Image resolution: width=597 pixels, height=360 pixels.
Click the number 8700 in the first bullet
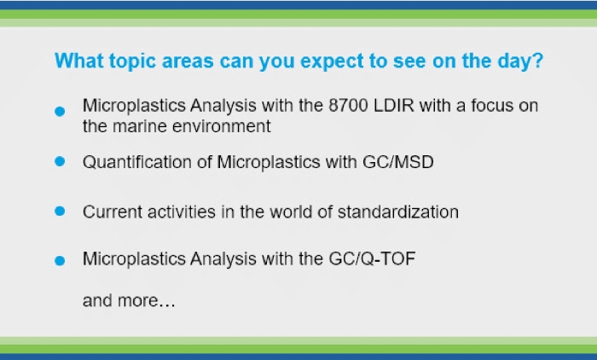[x=348, y=106]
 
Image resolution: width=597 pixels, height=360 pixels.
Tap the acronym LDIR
[x=394, y=106]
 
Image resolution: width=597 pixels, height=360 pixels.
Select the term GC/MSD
[x=398, y=162]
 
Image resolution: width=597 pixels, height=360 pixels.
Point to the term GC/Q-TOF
[x=372, y=259]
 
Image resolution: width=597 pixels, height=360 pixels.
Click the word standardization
[x=398, y=212]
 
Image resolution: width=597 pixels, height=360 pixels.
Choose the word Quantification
[x=137, y=162]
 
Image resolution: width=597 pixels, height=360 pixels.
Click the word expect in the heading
[x=332, y=61]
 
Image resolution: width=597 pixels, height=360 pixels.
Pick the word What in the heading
[x=78, y=61]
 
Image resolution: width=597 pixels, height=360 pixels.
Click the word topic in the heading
[x=132, y=61]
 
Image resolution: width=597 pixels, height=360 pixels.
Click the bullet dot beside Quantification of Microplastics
[x=60, y=161]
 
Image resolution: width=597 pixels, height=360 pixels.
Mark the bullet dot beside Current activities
[x=60, y=211]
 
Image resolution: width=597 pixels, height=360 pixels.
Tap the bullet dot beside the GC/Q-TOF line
[x=60, y=260]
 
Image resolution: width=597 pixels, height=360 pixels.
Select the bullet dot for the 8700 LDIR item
[x=60, y=111]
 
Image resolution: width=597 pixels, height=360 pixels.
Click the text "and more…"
[x=129, y=300]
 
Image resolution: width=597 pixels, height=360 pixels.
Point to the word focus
[x=492, y=106]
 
